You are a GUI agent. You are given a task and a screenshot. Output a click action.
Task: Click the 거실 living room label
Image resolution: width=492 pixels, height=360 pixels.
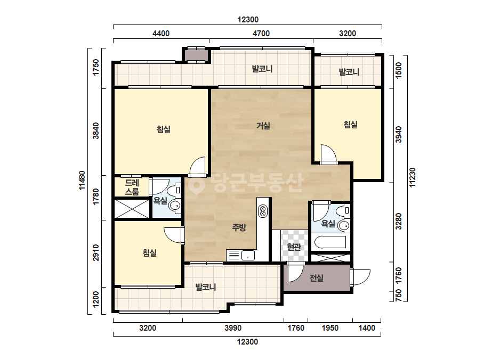(263, 126)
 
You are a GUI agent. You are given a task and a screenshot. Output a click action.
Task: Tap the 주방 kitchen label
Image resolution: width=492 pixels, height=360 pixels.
(239, 227)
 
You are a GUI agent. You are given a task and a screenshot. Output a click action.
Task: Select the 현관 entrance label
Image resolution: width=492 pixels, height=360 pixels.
(294, 247)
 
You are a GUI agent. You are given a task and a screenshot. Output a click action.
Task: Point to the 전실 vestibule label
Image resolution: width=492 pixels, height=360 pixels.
(316, 277)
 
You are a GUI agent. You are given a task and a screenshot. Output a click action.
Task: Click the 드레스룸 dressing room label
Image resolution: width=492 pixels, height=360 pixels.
(132, 187)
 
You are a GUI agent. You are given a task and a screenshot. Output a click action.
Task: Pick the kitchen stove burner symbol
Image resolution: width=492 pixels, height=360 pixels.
(263, 210)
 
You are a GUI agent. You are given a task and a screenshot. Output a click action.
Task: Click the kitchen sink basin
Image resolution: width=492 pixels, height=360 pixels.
(248, 255)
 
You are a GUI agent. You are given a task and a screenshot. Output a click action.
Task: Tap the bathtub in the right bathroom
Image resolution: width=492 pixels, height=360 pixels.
(330, 242)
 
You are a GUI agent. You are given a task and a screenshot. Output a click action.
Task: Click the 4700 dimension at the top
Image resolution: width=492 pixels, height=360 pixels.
(261, 34)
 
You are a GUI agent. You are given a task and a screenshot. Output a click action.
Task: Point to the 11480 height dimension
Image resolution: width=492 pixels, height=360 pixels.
(82, 181)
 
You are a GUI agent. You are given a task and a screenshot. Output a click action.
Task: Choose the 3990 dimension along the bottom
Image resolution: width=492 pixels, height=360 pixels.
(233, 328)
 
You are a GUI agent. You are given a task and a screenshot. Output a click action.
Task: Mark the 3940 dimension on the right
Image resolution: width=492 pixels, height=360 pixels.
(399, 135)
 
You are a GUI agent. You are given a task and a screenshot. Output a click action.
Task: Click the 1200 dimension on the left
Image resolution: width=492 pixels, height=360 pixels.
(96, 300)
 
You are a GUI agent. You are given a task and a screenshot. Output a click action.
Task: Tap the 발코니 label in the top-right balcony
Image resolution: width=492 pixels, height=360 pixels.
(349, 72)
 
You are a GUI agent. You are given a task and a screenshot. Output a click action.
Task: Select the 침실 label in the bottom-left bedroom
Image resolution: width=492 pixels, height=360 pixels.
(150, 253)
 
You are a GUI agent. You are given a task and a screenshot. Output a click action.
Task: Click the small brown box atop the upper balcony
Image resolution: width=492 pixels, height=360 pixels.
(196, 55)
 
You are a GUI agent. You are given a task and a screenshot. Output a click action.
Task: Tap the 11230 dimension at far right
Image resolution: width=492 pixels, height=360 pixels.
(412, 178)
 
